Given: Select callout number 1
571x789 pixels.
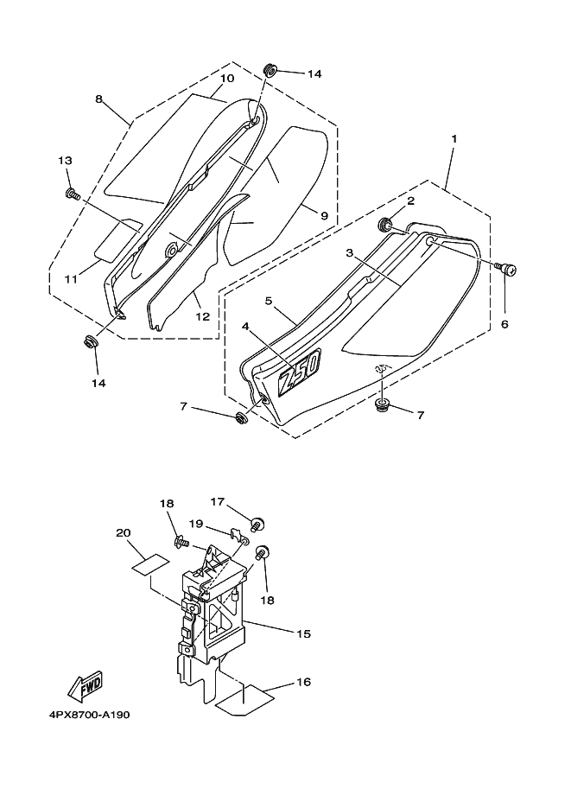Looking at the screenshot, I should [x=454, y=138].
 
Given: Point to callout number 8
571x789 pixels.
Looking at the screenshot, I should [x=98, y=99].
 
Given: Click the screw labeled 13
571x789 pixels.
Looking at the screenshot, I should [x=72, y=194].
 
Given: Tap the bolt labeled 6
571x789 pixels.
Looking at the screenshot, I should [x=510, y=270].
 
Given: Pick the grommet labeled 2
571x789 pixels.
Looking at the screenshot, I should [x=386, y=226].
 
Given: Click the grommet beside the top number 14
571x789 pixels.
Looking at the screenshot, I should [x=269, y=68].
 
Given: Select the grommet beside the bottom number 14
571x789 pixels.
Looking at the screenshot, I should [x=90, y=341].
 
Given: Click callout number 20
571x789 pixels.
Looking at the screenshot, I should [x=123, y=532].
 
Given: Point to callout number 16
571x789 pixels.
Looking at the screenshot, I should [x=303, y=682].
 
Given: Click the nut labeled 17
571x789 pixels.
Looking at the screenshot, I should [x=257, y=524].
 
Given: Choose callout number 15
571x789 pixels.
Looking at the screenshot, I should [x=302, y=633].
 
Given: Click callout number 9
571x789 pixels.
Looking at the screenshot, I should [x=324, y=215].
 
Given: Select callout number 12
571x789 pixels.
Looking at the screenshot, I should [x=202, y=316].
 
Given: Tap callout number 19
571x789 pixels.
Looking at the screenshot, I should [x=196, y=524].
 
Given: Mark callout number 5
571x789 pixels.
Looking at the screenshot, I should [x=270, y=301].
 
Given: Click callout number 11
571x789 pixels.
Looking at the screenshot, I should [x=72, y=278].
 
